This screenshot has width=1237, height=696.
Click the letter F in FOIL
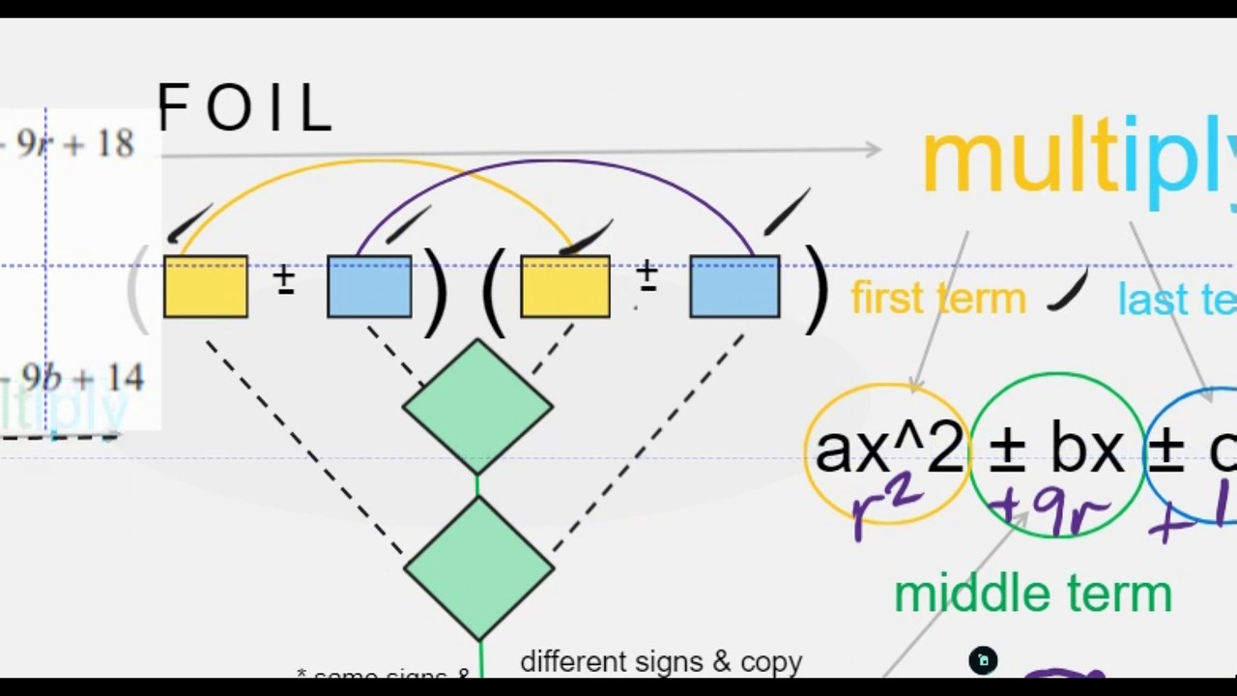[172, 107]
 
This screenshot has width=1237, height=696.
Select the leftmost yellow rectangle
[206, 287]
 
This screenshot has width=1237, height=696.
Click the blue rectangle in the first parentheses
[369, 287]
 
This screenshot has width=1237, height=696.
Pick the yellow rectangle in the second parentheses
[565, 287]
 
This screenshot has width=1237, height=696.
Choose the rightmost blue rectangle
[734, 287]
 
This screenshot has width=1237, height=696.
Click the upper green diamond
[477, 406]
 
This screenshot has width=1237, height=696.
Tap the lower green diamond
[478, 568]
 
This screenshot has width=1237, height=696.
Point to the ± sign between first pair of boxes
[284, 279]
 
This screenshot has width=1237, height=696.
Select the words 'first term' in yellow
[937, 299]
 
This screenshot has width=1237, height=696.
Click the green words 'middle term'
[1032, 594]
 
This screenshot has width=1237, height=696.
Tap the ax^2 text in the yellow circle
[888, 449]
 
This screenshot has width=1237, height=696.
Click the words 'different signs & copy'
[661, 662]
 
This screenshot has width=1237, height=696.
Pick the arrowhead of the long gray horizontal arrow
[873, 149]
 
